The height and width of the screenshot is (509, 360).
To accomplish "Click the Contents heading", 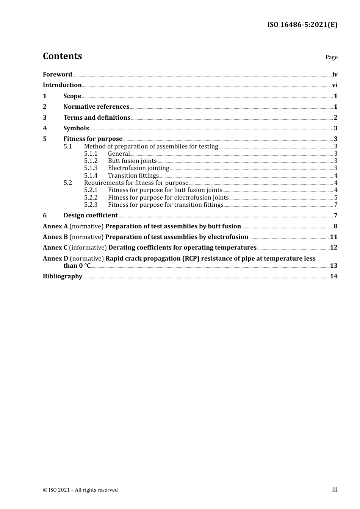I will [x=62, y=56].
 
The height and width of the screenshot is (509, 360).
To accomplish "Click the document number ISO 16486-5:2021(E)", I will [x=302, y=25].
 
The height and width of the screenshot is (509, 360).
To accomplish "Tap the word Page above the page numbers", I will [x=331, y=57].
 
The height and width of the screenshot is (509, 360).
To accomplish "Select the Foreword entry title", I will [x=57, y=75].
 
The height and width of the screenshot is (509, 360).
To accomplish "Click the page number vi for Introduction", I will [x=335, y=85].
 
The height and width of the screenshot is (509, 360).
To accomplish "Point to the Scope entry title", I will [x=72, y=96].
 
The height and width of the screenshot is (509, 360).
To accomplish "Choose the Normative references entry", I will [x=96, y=107].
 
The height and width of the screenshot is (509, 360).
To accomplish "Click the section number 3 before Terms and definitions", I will [x=45, y=118].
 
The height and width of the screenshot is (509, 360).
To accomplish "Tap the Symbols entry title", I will [x=76, y=128].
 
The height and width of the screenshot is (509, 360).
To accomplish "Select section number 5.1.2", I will [x=91, y=161].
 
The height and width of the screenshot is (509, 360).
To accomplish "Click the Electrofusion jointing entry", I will [x=138, y=168].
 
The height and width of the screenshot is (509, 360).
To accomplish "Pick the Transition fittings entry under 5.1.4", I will [x=133, y=176].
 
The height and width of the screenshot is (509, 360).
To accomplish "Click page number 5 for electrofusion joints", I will [x=336, y=198].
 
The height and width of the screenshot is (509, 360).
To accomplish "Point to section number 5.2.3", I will [x=91, y=205].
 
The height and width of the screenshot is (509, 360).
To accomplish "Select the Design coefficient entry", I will [x=91, y=215].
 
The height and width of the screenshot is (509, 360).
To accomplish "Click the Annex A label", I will [x=55, y=226].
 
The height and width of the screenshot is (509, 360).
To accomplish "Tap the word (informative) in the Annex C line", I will [x=88, y=248].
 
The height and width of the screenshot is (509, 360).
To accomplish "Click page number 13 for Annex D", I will [x=333, y=266].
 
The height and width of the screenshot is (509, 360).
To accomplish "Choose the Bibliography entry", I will [x=63, y=276].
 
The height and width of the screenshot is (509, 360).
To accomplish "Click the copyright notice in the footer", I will [x=80, y=490].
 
